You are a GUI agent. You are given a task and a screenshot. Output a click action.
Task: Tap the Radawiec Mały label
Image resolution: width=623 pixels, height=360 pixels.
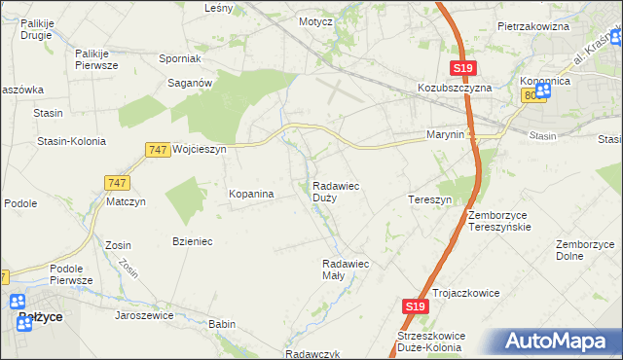click(345, 269)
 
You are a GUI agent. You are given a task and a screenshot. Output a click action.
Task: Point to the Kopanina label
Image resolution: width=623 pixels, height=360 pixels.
click(250, 194)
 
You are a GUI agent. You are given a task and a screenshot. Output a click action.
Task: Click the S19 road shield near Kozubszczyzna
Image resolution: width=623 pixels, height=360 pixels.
click(463, 67)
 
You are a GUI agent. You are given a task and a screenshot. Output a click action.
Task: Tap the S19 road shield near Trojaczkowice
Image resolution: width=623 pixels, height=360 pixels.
click(415, 306)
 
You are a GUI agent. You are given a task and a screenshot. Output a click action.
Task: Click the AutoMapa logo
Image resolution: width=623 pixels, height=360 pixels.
click(556, 341)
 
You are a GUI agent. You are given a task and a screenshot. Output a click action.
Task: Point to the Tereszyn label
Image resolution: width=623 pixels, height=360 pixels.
click(428, 198)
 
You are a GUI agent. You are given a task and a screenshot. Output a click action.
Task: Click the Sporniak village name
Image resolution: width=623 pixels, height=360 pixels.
click(179, 58)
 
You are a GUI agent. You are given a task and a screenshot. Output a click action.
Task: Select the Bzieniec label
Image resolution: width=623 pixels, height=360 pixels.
click(192, 240)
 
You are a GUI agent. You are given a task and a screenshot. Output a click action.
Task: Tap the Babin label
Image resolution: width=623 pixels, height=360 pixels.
click(222, 324)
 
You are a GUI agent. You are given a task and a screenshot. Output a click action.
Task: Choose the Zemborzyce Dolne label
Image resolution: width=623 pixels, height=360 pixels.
click(583, 250)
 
